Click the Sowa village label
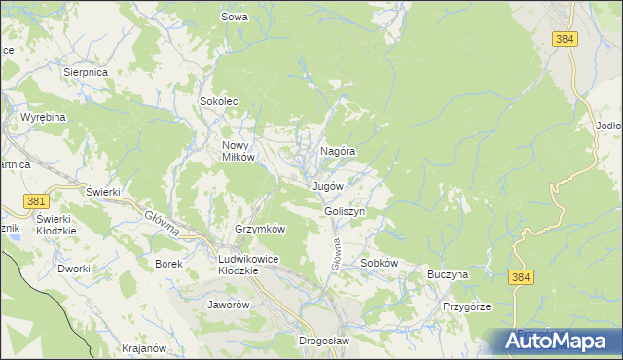click(x=235, y=17)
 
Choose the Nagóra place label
click(x=338, y=152)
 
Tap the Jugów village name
click(x=328, y=185)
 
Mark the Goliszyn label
click(x=345, y=211)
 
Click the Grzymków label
click(x=259, y=229)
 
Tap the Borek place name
click(x=169, y=264)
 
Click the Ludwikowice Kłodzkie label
click(x=224, y=264)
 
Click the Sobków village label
click(x=380, y=263)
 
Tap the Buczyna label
click(x=448, y=275)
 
